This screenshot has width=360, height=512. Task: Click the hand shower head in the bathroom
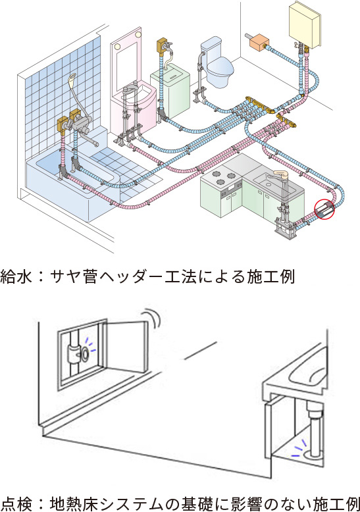pos(72,78)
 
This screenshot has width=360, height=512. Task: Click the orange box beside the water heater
pos(259,41)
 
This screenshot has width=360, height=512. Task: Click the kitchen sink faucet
pos(281,176)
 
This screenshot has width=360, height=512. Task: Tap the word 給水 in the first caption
pos(16,276)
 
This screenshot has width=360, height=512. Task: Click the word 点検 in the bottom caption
pos(16,503)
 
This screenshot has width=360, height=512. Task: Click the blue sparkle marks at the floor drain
pos(299,446)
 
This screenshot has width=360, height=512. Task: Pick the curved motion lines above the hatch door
pos(153,316)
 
